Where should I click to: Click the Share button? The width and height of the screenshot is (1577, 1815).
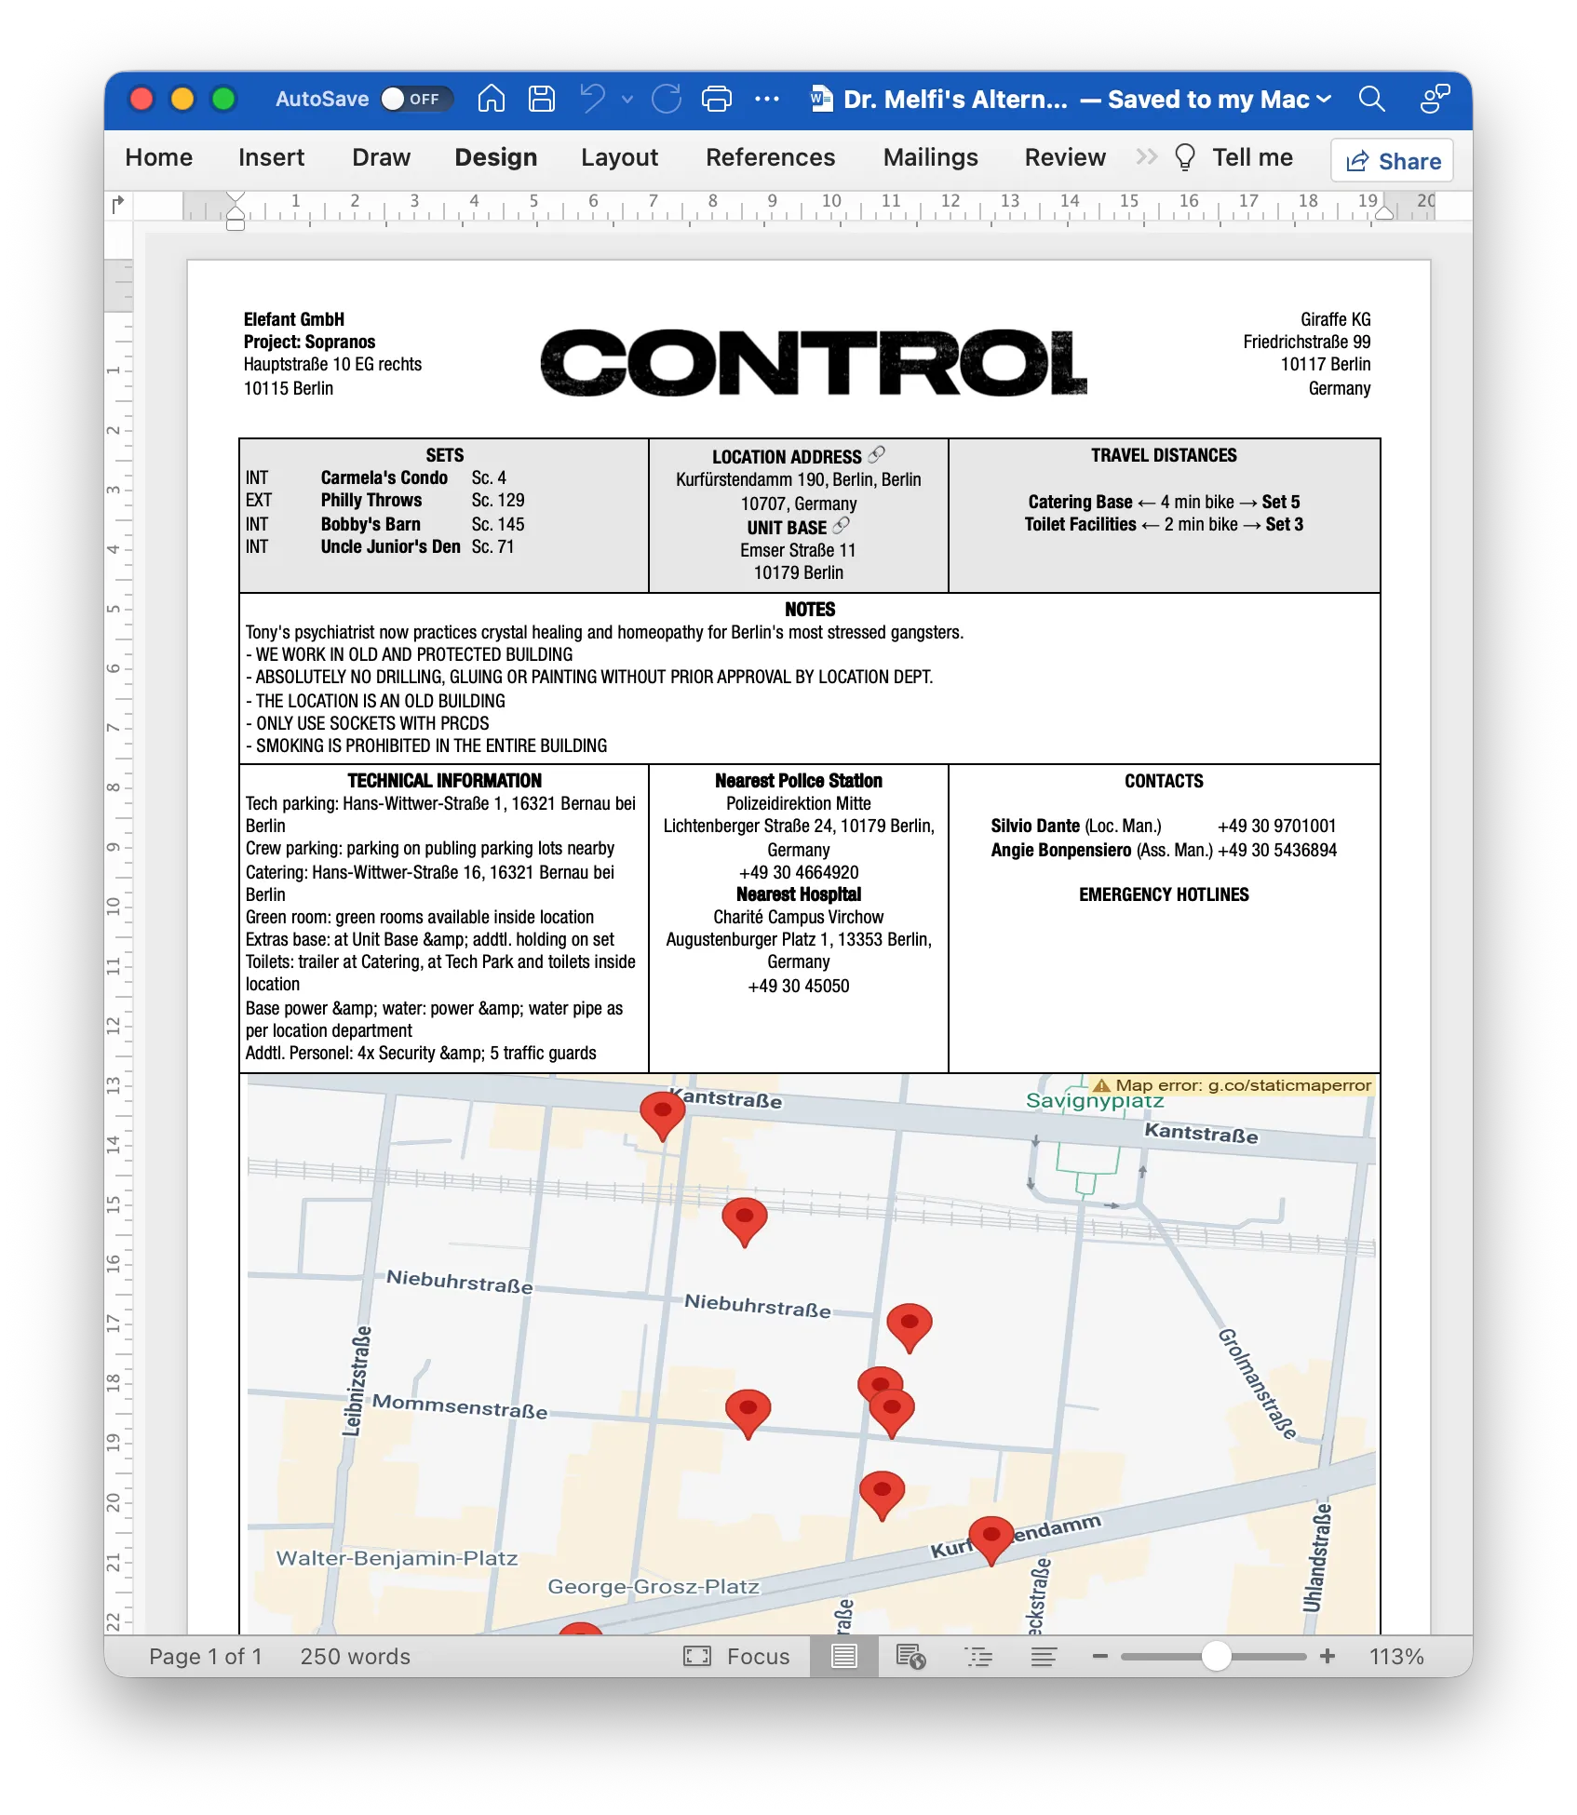[1393, 161]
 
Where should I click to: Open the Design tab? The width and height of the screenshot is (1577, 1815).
[495, 157]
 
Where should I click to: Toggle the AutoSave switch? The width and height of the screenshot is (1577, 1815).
[415, 99]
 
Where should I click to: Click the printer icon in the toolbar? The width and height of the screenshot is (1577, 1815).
[716, 99]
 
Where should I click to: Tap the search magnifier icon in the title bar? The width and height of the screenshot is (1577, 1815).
[1371, 99]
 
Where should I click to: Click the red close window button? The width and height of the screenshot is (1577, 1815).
[142, 99]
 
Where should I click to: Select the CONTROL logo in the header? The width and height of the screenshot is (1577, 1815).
[813, 362]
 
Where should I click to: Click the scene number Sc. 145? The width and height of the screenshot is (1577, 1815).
[497, 524]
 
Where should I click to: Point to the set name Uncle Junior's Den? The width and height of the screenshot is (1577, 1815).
[390, 546]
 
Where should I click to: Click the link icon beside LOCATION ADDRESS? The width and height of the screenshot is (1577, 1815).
[877, 454]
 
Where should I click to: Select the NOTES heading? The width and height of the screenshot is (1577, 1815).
[809, 610]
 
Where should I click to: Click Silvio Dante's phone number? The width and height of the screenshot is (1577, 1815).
[1276, 826]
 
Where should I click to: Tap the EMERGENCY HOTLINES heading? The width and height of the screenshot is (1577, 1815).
[1164, 894]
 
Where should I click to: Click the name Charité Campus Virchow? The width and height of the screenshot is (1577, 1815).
[798, 917]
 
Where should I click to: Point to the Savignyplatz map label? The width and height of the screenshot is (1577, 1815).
[1094, 1101]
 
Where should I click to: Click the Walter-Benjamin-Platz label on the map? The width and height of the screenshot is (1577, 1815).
[397, 1558]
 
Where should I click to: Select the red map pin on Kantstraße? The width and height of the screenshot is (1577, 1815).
[662, 1111]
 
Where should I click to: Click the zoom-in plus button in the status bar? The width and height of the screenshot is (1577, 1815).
[1328, 1656]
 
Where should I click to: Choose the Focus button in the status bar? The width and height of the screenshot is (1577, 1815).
[736, 1656]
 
